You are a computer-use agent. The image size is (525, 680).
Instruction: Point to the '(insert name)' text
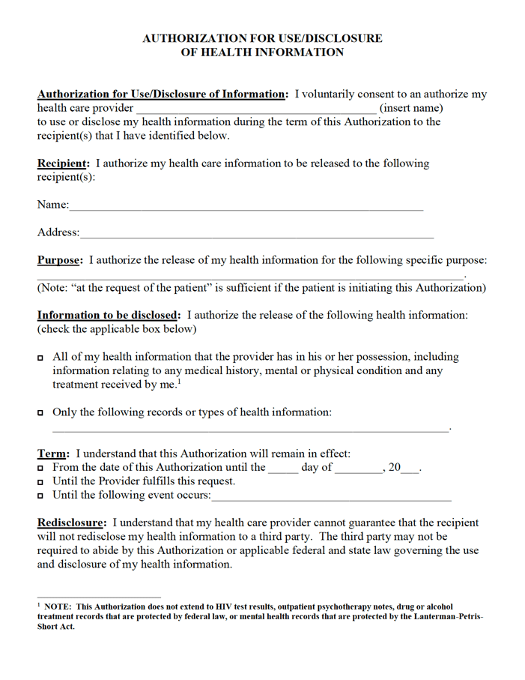pyautogui.click(x=411, y=109)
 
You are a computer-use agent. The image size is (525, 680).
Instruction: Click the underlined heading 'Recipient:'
pyautogui.click(x=64, y=163)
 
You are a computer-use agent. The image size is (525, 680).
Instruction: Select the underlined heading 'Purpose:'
pyautogui.click(x=61, y=261)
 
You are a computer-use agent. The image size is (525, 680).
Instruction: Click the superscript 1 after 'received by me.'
pyautogui.click(x=179, y=382)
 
